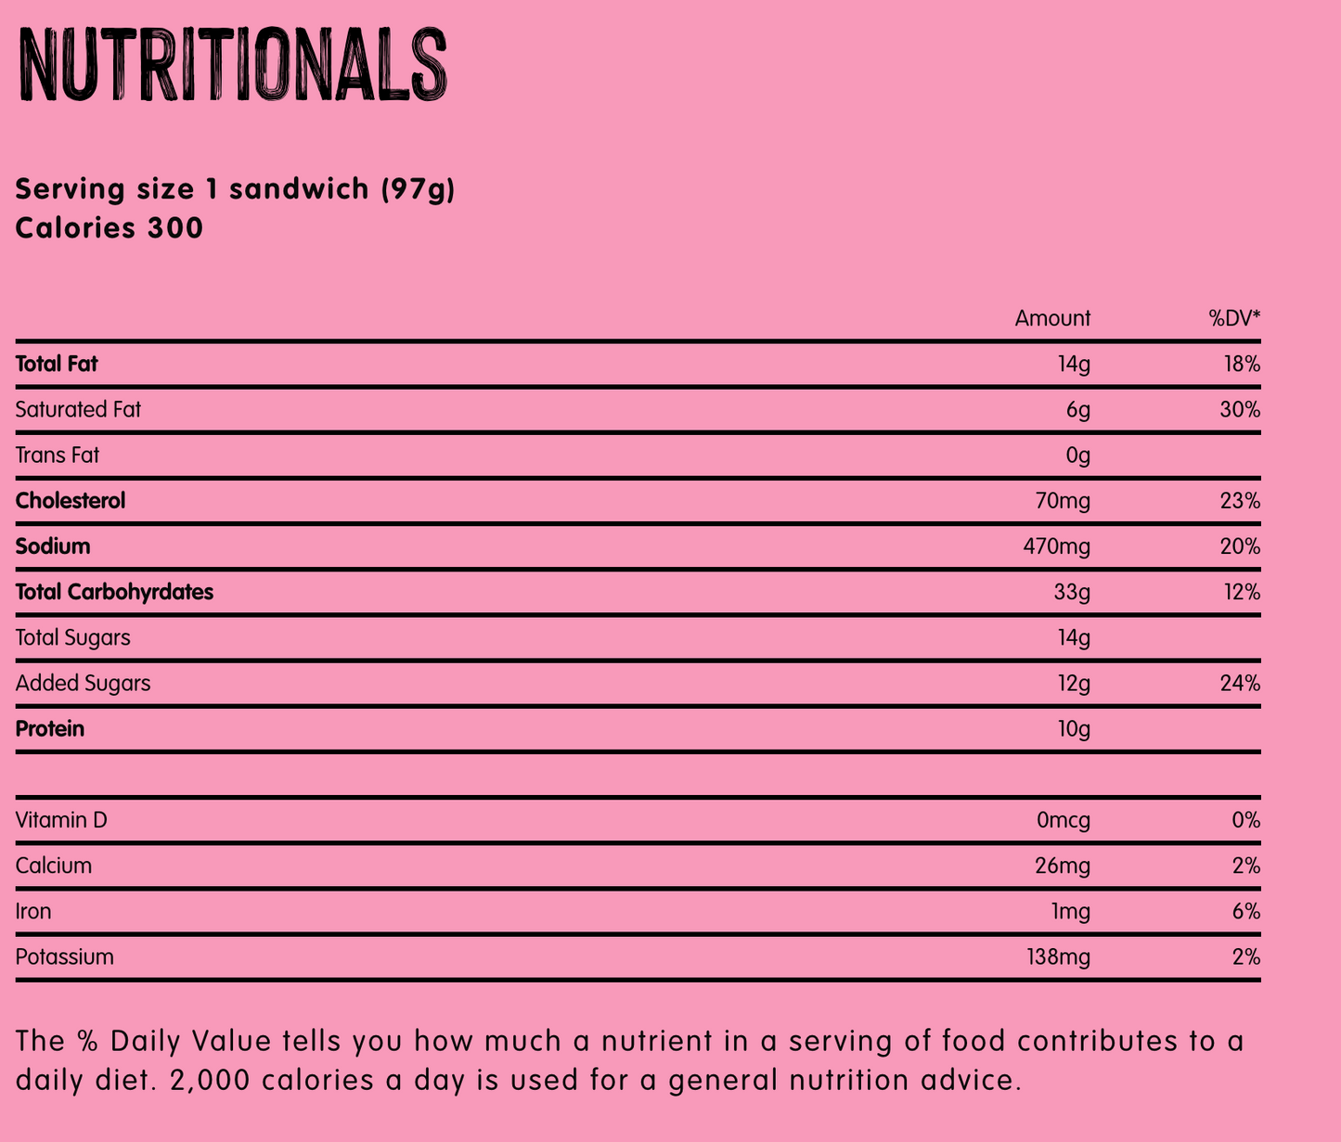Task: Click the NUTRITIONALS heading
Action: [231, 65]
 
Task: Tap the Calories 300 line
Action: [110, 227]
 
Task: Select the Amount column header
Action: [1052, 319]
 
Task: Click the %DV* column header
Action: [1233, 319]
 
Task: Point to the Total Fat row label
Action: [57, 365]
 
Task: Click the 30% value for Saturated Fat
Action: [1241, 410]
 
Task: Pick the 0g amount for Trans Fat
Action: [1077, 456]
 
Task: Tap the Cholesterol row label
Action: [71, 501]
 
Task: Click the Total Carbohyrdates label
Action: [114, 592]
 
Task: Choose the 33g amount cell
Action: [1072, 592]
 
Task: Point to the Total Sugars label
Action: [72, 637]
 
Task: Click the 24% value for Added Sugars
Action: [1241, 684]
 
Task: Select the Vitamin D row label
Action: [61, 820]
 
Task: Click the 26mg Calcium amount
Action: [1063, 866]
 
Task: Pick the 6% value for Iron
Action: [1246, 911]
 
